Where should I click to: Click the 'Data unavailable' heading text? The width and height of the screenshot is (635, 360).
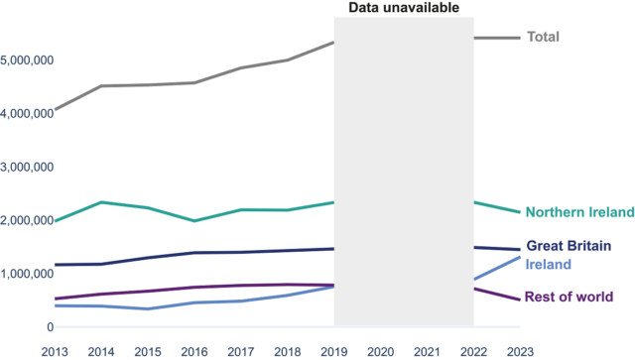point(403,8)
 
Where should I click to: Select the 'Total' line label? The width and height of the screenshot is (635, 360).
point(543,37)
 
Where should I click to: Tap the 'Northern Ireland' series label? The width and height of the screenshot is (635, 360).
point(579,212)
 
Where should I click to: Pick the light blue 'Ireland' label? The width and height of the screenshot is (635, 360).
point(549,265)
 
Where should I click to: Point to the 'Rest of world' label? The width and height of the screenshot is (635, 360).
point(570,297)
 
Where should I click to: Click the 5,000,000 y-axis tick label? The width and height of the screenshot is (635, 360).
point(27,60)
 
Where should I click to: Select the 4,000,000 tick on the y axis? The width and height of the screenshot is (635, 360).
point(27,114)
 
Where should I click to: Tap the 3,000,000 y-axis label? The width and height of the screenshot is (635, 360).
point(27,168)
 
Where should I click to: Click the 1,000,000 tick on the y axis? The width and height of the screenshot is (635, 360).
point(27,274)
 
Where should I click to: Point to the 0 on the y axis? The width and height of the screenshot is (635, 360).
point(47,327)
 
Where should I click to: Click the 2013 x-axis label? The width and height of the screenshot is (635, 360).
point(56,350)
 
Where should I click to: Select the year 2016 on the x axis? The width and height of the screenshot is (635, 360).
point(195,350)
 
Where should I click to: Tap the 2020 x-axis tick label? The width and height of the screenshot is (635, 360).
point(381,350)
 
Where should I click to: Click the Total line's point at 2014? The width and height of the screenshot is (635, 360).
point(102,86)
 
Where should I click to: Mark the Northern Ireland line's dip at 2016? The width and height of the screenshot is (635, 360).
point(195,221)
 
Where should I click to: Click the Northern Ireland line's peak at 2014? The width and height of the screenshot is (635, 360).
point(102,202)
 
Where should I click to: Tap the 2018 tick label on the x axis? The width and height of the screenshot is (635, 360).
point(288,350)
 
